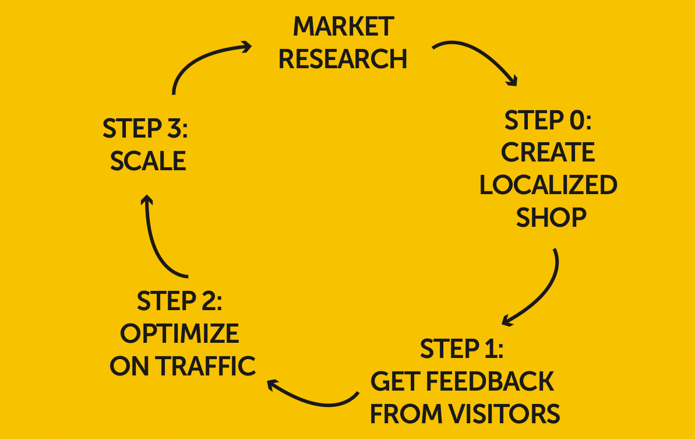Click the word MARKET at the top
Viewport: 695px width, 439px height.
[343, 27]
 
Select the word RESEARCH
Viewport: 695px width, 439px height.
[343, 59]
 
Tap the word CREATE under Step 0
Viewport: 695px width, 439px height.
[548, 153]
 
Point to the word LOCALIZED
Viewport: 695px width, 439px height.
[548, 185]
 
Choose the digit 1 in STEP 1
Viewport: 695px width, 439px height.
[490, 349]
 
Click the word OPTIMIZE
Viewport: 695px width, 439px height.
[179, 333]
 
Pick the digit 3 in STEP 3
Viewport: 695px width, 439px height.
[173, 129]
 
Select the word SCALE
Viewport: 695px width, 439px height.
[148, 161]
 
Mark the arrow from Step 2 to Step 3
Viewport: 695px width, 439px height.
[154, 239]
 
